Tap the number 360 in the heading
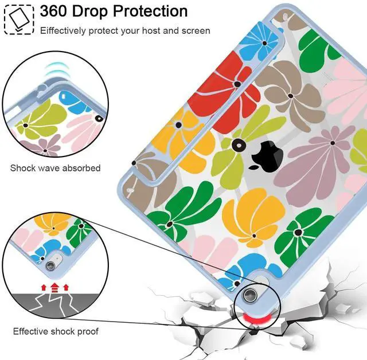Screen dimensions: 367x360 pos(59,11)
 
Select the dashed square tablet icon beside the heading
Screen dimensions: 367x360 pos(18,18)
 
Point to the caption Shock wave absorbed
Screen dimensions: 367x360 pos(55,168)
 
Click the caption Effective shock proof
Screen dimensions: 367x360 pos(56,331)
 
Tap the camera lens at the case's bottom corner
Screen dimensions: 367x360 pos(250,295)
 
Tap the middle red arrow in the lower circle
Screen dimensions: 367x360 pos(54,285)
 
